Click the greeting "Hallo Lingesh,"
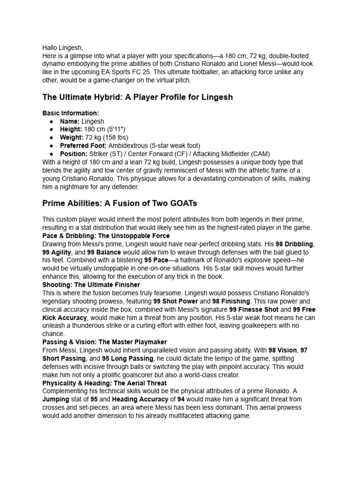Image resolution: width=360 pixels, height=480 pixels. tap(62, 47)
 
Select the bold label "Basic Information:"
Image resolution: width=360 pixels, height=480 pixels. tap(70, 113)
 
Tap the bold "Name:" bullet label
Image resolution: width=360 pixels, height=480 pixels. tap(70, 121)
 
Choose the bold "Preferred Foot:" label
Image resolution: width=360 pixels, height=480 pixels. tap(83, 146)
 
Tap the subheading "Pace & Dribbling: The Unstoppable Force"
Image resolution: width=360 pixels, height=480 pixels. tap(106, 235)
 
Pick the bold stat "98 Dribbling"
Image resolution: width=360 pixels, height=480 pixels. tap(294, 244)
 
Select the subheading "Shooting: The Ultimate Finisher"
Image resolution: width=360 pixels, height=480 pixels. tap(91, 285)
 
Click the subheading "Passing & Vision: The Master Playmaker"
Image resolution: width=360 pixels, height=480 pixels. tap(105, 342)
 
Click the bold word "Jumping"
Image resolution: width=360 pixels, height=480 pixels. tap(55, 399)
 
